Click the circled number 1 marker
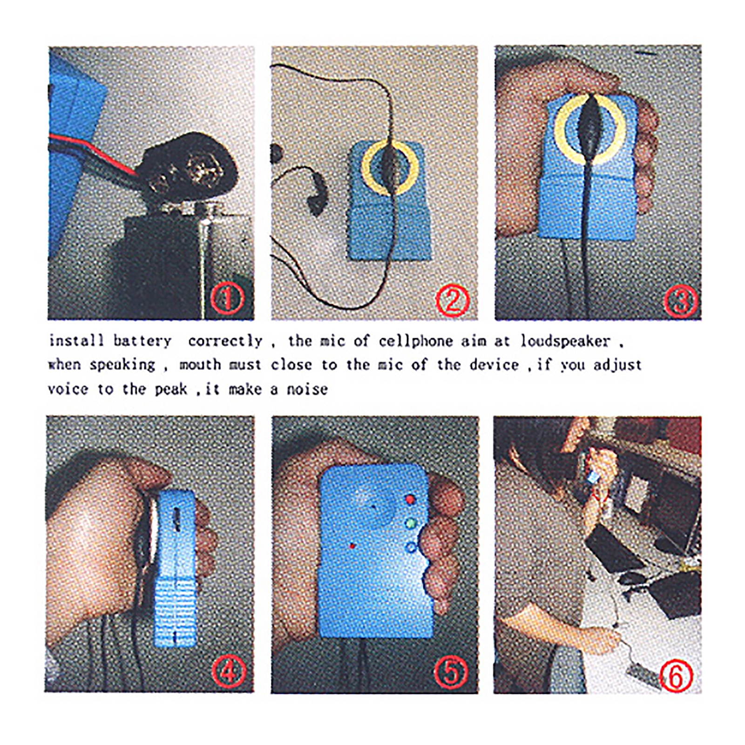[x=227, y=298]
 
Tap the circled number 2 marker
[x=453, y=299]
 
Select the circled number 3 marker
[x=680, y=300]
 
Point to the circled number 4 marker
[x=229, y=671]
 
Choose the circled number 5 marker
[x=451, y=672]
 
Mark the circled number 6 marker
[x=677, y=676]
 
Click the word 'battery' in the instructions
[x=142, y=341]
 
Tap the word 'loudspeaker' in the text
[x=565, y=341]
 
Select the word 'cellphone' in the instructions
[x=415, y=341]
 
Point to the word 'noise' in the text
[x=307, y=389]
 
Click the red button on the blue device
[x=410, y=500]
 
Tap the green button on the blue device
[x=410, y=524]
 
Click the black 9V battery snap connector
[x=189, y=168]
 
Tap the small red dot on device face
[x=352, y=546]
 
